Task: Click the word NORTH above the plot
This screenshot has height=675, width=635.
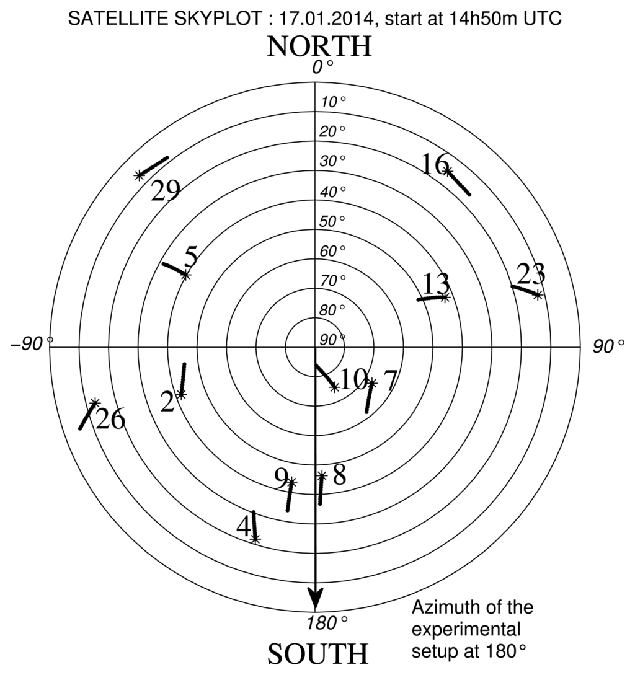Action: (319, 46)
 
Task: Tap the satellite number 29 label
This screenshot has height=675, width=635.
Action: (166, 190)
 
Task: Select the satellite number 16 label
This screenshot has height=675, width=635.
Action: (435, 165)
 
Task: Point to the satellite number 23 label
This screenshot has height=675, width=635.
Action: (531, 273)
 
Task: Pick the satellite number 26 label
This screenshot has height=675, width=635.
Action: (110, 420)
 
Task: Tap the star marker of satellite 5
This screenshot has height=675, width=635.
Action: (185, 275)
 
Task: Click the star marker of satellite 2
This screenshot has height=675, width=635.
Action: (180, 394)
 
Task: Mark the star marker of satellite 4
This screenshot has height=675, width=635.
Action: (255, 539)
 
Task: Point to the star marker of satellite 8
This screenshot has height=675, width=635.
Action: (322, 475)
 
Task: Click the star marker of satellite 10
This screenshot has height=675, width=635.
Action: (335, 387)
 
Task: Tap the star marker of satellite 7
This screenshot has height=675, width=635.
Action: (371, 383)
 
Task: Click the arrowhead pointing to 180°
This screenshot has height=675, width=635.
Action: (316, 599)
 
